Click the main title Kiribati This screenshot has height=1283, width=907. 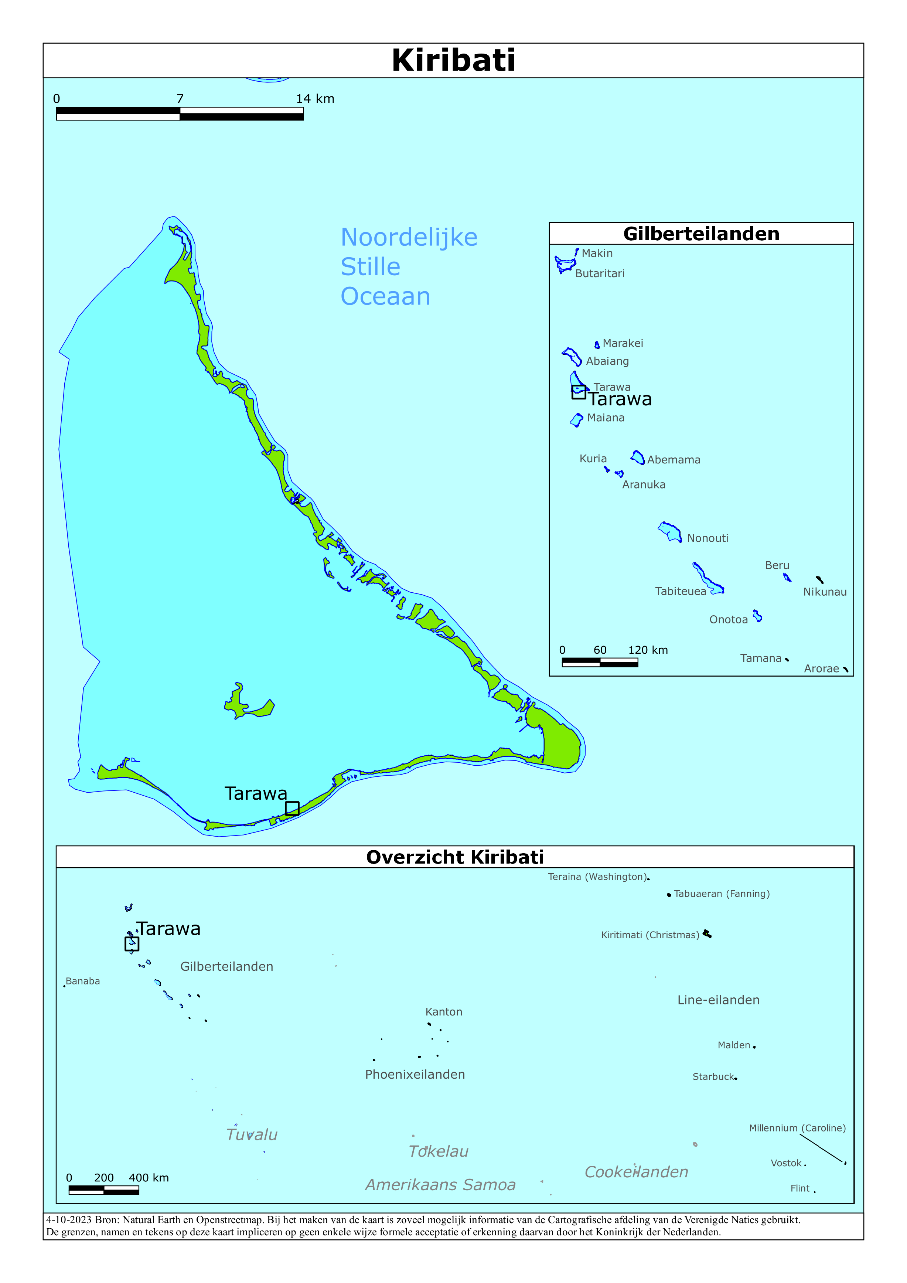click(453, 60)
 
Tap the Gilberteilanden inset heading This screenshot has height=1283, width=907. click(701, 234)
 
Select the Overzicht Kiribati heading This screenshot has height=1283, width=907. click(454, 857)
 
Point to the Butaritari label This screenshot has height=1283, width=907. click(600, 273)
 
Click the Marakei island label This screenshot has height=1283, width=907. click(623, 343)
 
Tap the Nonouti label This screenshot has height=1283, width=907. click(707, 538)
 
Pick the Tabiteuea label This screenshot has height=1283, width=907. click(680, 591)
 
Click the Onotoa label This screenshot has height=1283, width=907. click(728, 619)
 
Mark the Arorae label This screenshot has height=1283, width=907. click(821, 668)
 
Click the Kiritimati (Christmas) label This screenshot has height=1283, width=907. click(650, 935)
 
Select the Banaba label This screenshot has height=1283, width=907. click(83, 981)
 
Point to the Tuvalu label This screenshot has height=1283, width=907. click(252, 1135)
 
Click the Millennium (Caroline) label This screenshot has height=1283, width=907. click(797, 1128)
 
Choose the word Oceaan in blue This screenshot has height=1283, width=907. click(386, 296)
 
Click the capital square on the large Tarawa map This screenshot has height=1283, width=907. click(292, 808)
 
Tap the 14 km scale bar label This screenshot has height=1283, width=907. click(315, 99)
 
